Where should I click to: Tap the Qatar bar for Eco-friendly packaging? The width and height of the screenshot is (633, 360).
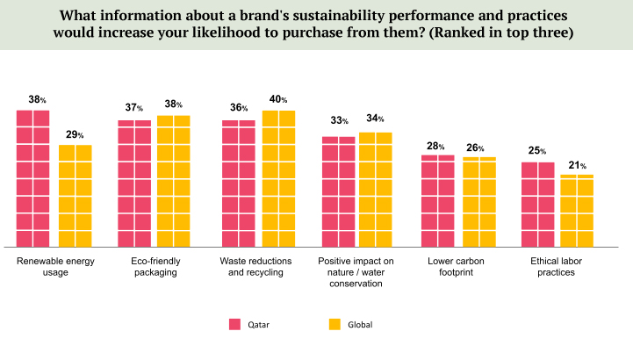pos(134,184)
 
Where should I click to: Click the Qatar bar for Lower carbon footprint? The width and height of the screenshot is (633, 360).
pos(437,201)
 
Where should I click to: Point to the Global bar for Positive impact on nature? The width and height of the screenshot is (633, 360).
pos(375,190)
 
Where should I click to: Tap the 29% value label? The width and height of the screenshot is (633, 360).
pos(75,134)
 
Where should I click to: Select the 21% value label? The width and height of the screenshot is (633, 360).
pos(577,165)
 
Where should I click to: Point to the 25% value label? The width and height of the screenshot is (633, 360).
pos(537,151)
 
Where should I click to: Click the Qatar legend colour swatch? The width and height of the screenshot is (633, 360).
pos(234,324)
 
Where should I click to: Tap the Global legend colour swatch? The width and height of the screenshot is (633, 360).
pos(334,324)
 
